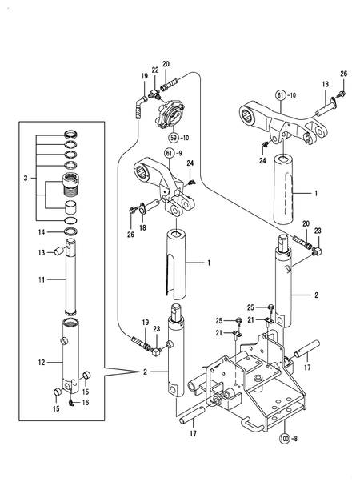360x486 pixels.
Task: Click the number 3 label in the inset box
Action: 27,176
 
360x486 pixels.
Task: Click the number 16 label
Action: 85,403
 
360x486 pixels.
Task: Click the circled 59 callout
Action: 168,127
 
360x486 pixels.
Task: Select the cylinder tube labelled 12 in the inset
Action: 73,356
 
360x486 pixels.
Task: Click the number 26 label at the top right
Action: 344,74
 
